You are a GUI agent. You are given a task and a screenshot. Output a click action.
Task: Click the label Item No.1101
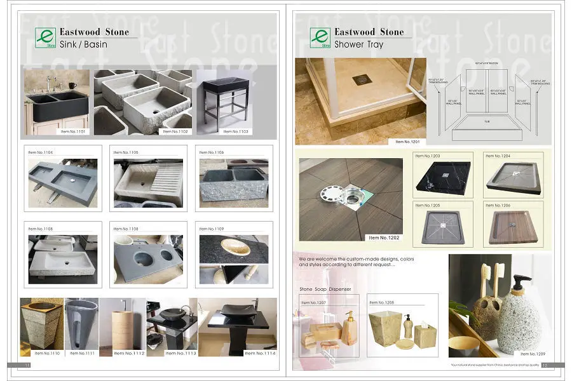point(73,131)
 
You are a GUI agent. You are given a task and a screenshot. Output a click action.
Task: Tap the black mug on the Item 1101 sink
point(72,86)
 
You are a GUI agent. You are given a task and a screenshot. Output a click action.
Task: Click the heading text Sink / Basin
point(83,45)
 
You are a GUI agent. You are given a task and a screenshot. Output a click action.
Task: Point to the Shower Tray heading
point(359,45)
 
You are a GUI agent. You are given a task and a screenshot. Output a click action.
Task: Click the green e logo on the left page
point(46,37)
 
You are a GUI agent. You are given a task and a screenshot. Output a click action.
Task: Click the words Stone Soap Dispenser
point(325,289)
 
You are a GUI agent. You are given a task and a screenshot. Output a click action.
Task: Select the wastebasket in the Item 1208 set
point(388,326)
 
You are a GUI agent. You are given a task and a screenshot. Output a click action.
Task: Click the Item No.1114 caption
point(258,353)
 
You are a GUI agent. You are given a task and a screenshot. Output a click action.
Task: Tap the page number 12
point(545,365)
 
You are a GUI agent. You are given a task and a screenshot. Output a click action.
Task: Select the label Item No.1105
point(125,152)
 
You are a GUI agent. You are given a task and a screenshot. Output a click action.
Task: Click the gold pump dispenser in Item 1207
point(350,328)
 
